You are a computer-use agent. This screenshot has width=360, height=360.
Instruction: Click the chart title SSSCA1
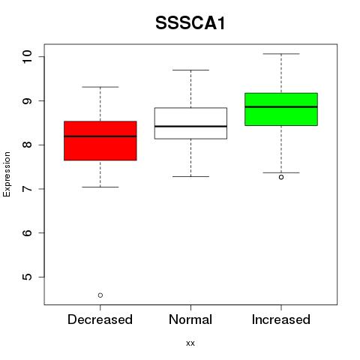pos(190,23)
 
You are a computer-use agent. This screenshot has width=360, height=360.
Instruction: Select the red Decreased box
pos(100,141)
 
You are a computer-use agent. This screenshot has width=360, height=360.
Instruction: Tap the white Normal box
pos(190,123)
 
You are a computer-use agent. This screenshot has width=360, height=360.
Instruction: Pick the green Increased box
pos(281,109)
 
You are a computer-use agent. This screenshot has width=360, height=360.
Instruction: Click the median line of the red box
pos(100,136)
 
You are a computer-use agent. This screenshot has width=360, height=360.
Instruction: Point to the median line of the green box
pos(281,106)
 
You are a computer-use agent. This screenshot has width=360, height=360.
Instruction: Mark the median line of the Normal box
pos(190,126)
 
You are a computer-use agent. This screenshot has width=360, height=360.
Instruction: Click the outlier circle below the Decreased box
pos(100,295)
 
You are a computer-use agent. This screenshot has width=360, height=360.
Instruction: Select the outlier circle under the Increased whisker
pos(281,177)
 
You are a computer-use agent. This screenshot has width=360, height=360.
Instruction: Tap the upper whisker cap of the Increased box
pos(281,54)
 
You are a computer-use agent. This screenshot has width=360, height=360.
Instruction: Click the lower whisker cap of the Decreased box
pos(100,187)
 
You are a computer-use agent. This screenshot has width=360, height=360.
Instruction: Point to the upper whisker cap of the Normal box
pos(190,70)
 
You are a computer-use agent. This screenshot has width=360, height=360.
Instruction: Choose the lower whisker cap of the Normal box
pos(190,176)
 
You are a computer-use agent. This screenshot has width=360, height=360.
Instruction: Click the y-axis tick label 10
pos(28,57)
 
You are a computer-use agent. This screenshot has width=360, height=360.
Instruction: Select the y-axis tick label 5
pos(28,277)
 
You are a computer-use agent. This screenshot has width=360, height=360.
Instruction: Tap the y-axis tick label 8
pos(28,145)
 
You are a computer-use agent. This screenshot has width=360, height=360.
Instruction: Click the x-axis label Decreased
pos(100,319)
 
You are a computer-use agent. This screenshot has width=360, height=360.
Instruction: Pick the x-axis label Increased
pos(281,319)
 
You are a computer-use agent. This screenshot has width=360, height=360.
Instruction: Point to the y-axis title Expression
pos(7,174)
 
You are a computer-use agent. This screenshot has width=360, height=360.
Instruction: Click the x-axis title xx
pos(190,343)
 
